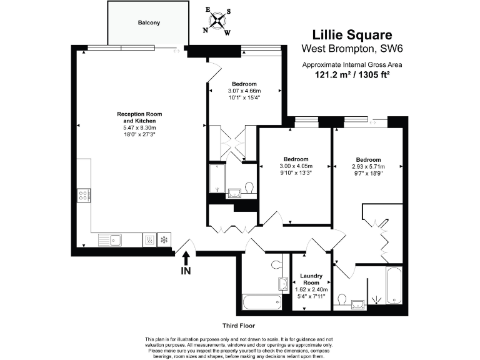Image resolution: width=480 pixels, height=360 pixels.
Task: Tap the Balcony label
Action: tap(149, 23)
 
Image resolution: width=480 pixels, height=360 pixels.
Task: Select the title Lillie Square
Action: tap(352, 35)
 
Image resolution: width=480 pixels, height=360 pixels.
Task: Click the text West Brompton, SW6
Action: tap(352, 49)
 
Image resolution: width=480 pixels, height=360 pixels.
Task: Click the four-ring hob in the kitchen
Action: tap(83, 196)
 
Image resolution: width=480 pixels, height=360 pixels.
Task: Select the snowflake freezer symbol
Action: tap(164, 239)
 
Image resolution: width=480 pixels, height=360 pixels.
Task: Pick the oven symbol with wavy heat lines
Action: tap(149, 239)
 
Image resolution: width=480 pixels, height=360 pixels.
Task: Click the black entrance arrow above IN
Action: tap(186, 257)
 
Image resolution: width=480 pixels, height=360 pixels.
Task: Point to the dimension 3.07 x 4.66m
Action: tap(244, 91)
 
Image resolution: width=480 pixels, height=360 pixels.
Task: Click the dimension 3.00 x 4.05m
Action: tap(296, 166)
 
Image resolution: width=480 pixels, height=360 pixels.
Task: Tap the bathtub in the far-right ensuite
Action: tap(394, 286)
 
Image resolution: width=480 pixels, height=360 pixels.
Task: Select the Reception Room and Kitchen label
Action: tap(139, 117)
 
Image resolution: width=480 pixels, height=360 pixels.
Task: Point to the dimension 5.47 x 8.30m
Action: tap(139, 128)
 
